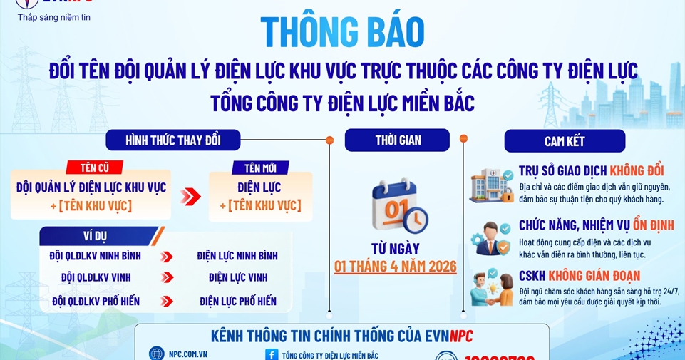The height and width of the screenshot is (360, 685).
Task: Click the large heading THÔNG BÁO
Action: pos(342,31)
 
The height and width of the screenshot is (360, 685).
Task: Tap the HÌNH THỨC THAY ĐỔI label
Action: pos(172,140)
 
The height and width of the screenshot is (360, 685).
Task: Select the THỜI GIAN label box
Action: pos(396,140)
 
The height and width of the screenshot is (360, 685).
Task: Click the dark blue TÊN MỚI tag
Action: pos(260,168)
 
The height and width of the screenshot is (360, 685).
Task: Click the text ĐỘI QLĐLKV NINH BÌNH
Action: pos(95,256)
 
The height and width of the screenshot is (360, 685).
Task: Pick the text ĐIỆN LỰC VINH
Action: pos(238,277)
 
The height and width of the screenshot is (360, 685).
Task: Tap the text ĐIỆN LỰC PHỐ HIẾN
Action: pos(238,301)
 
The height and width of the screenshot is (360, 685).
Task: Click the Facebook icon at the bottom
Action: pos(271,354)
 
